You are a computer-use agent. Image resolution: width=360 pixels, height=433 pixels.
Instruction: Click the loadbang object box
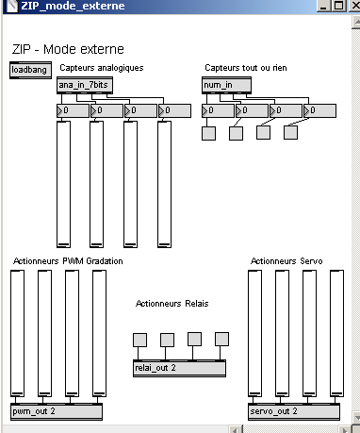(30, 70)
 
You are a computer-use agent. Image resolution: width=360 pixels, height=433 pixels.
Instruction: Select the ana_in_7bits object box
(85, 85)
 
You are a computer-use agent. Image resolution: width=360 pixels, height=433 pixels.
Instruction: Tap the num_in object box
(226, 85)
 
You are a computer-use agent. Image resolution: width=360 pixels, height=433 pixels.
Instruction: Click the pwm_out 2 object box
(57, 411)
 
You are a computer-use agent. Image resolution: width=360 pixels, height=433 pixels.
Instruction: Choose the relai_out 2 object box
(179, 368)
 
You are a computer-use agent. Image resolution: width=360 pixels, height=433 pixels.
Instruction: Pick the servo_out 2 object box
(294, 411)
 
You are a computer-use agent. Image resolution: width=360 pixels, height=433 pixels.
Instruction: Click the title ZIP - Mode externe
(68, 49)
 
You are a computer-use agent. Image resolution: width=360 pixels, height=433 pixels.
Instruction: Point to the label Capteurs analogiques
(102, 68)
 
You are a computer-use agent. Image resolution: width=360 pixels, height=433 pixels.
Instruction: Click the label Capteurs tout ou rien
(246, 68)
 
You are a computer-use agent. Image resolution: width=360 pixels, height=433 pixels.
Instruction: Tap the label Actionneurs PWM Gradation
(68, 261)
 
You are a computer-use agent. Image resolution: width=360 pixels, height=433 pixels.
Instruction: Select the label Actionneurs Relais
(172, 304)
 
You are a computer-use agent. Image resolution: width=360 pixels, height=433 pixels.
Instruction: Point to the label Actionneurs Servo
(286, 261)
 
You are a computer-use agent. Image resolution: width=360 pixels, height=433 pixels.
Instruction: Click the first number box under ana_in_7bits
(73, 110)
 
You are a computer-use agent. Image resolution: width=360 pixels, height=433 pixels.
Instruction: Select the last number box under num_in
(319, 110)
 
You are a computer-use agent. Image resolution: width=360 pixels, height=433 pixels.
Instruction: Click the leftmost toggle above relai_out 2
(139, 341)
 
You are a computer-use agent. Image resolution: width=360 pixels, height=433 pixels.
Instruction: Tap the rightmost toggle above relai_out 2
(221, 339)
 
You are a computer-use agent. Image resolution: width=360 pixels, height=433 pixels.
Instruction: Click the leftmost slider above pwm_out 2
(17, 333)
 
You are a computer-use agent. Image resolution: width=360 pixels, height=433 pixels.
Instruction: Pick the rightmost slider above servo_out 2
(336, 333)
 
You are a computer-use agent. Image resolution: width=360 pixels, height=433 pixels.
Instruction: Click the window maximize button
(338, 6)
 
